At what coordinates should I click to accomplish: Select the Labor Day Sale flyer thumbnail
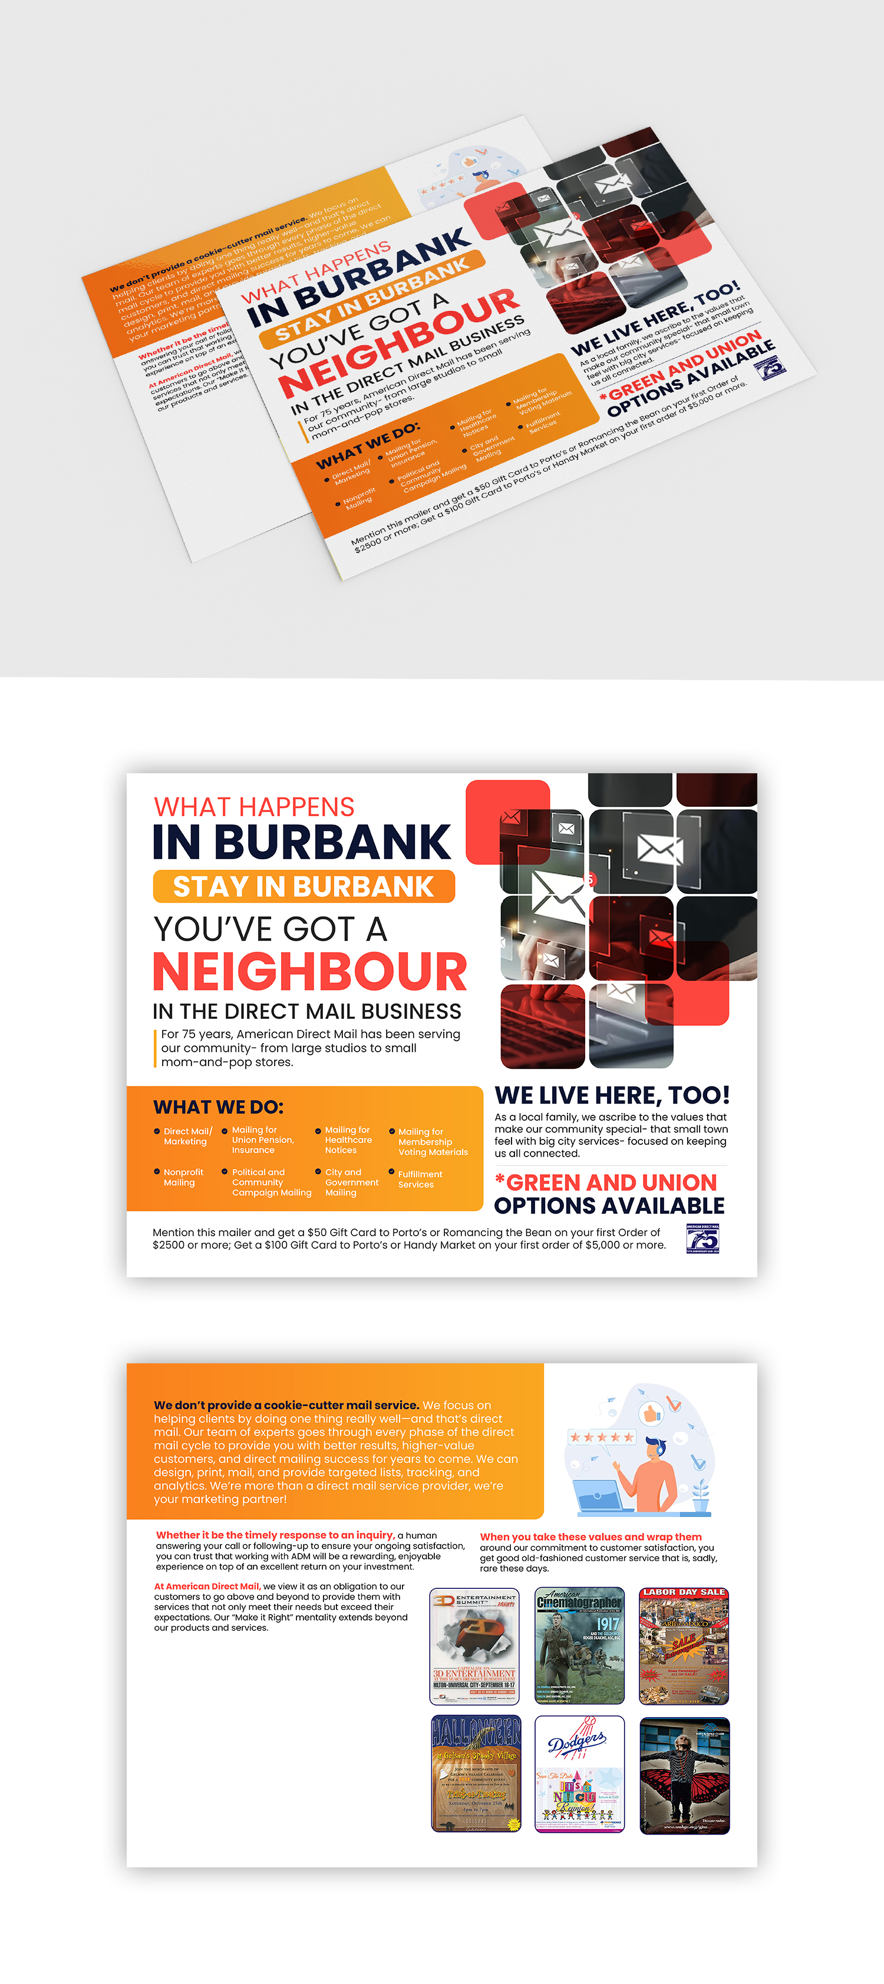(684, 1645)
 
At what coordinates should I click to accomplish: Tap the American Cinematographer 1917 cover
(579, 1645)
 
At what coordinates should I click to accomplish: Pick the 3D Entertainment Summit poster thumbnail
(474, 1645)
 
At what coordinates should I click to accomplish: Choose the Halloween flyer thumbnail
(476, 1773)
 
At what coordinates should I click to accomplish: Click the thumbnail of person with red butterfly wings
(684, 1773)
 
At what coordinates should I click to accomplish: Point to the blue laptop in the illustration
(599, 1496)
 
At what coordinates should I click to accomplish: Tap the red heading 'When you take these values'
(591, 1536)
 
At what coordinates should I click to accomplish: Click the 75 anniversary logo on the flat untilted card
(702, 1238)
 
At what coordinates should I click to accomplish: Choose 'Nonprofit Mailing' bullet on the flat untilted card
(183, 1177)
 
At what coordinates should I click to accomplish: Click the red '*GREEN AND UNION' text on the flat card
(606, 1183)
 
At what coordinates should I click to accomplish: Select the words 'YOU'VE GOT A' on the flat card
(270, 930)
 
